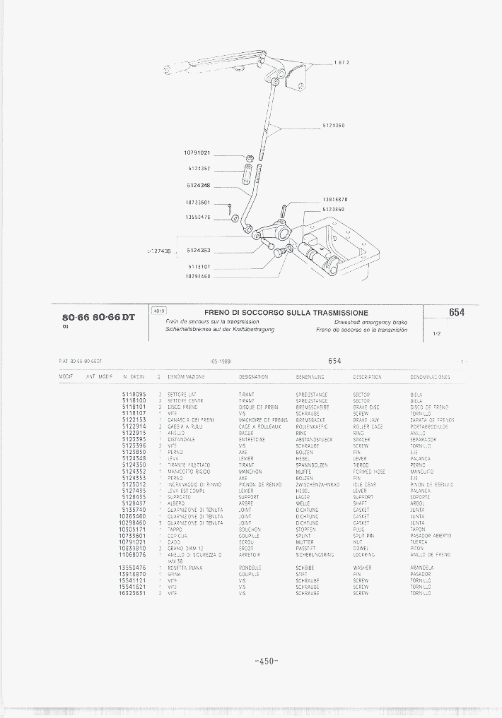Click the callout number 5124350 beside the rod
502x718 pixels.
(333, 126)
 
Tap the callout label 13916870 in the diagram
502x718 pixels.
(334, 200)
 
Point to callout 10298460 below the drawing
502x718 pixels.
(198, 276)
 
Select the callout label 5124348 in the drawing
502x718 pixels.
(199, 185)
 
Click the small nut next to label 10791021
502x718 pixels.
(250, 157)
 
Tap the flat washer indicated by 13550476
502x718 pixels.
(233, 217)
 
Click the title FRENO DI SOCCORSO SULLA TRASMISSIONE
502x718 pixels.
(286, 313)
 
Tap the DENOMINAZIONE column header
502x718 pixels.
(187, 378)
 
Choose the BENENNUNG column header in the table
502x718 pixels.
(310, 378)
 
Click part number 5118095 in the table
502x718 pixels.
(134, 394)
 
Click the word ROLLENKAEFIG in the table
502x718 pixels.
(311, 426)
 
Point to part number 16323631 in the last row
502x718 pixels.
(134, 594)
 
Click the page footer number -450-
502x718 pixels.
(266, 661)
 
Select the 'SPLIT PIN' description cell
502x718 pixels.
(365, 536)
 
